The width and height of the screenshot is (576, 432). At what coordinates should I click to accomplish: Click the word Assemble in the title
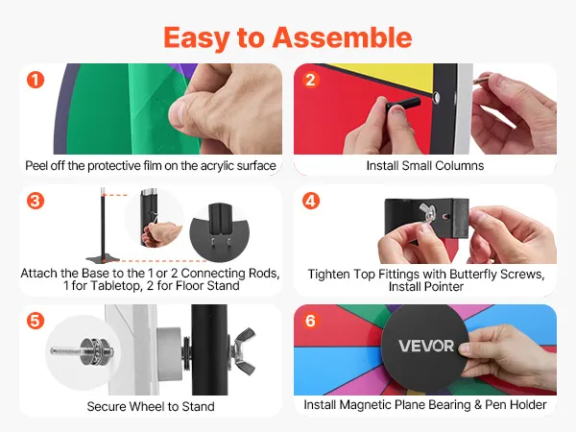[x=342, y=37]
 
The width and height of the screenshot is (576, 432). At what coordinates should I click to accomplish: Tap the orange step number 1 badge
[x=36, y=80]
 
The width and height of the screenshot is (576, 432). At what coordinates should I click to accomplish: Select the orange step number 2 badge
[x=310, y=80]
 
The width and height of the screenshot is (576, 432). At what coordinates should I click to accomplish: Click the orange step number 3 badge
[x=36, y=201]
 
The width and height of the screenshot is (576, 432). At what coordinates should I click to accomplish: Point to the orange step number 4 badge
[x=310, y=201]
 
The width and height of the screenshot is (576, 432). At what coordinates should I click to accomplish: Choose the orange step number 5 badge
[x=36, y=321]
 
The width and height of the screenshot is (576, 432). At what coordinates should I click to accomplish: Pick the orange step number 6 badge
[x=310, y=321]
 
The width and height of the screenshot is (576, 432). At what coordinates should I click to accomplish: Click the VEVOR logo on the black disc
[x=426, y=346]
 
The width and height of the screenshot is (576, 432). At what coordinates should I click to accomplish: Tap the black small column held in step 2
[x=402, y=104]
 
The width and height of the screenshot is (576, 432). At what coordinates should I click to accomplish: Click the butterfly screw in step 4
[x=428, y=213]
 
